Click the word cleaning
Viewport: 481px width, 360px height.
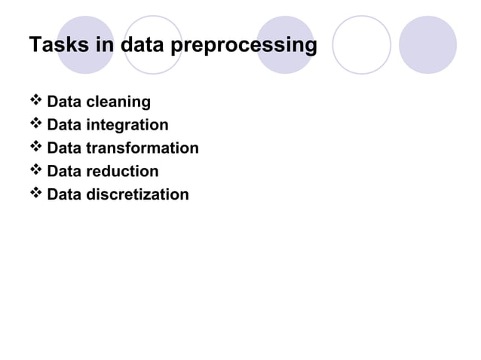120,102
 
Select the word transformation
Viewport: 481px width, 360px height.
143,148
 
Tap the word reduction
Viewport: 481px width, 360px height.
124,171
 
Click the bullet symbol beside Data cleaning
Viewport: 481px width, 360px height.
36,101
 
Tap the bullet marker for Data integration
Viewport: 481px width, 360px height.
36,124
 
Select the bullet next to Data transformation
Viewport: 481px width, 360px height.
36,148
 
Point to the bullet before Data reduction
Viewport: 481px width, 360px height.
36,171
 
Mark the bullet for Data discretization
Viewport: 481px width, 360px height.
36,194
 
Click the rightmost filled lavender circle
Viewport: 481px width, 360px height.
427,44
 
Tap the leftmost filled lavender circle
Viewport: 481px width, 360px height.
85,44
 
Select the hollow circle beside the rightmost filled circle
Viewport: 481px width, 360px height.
361,44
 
